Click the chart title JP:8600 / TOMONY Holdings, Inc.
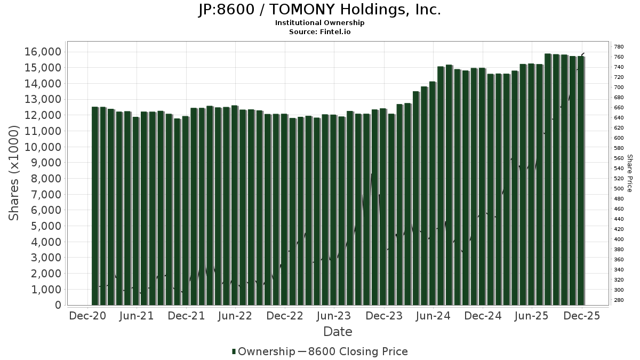tap(319, 10)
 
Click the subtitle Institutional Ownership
tap(319, 23)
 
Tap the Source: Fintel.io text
tap(319, 32)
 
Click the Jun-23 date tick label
tap(334, 316)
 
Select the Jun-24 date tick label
tap(433, 316)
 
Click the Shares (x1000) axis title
tap(14, 173)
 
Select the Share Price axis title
tap(629, 173)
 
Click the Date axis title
tap(338, 332)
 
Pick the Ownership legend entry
tap(263, 351)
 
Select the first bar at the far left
tap(95, 206)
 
